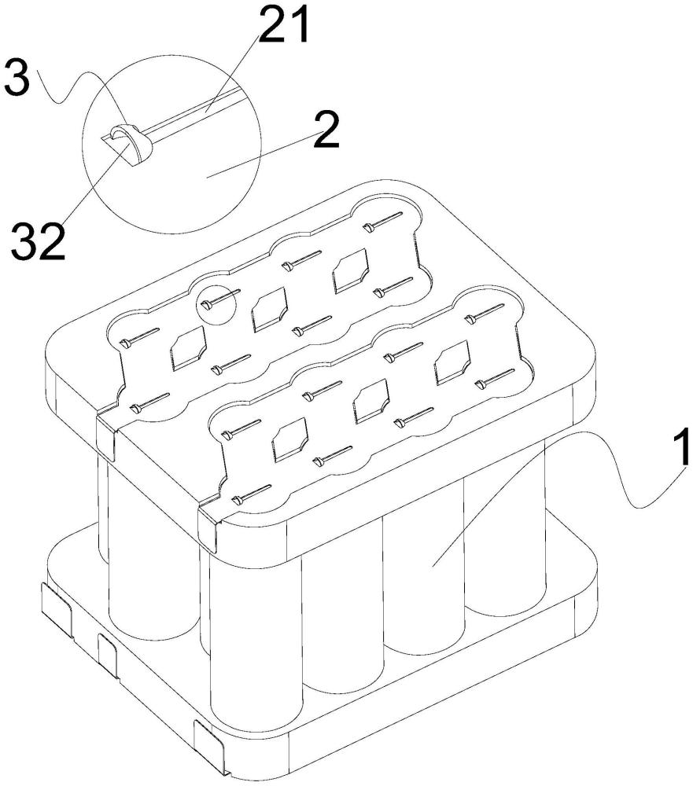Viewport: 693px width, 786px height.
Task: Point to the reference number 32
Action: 39,241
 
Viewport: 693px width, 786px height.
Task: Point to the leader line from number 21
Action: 236,73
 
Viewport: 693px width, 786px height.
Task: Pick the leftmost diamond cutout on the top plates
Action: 188,347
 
